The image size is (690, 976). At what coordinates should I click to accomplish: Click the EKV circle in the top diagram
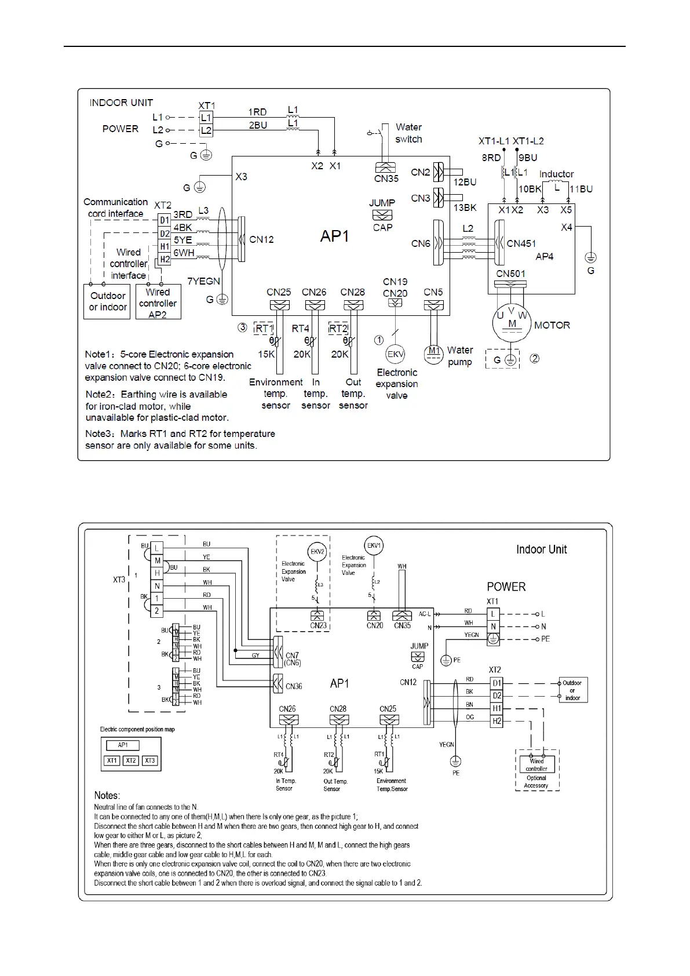[x=396, y=355]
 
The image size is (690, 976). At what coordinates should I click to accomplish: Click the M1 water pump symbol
[x=434, y=353]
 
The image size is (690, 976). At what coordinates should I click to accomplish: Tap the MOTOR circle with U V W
[x=511, y=323]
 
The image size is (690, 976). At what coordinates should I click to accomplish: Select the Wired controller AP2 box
[x=158, y=303]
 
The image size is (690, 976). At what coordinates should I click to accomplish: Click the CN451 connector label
[x=521, y=243]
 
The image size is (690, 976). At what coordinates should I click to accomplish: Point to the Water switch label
[x=408, y=133]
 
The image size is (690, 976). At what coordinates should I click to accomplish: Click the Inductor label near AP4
[x=556, y=174]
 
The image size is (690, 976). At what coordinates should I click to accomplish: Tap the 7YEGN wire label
[x=203, y=281]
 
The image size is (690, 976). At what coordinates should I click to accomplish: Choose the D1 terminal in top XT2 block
[x=165, y=220]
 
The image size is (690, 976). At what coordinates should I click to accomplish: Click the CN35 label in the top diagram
[x=386, y=179]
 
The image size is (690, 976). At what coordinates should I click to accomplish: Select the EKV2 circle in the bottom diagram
[x=317, y=551]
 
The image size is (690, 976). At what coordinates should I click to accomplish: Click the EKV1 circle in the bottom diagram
[x=374, y=545]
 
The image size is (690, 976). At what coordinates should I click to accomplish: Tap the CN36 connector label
[x=294, y=686]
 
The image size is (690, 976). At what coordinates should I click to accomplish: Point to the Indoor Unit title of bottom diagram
[x=541, y=549]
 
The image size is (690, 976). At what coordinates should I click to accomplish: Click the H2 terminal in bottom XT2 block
[x=496, y=721]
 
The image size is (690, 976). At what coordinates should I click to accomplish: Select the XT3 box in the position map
[x=150, y=760]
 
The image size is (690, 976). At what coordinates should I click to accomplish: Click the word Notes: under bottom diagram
[x=107, y=795]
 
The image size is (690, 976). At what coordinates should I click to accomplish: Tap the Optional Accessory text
[x=536, y=782]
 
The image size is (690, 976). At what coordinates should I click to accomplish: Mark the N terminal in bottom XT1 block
[x=493, y=627]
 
